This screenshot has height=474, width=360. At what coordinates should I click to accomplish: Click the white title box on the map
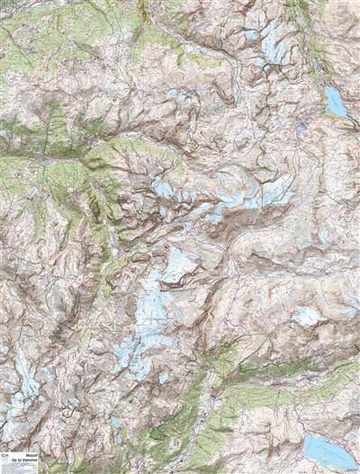[x=20, y=461]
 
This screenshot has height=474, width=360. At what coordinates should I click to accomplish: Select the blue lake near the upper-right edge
[x=335, y=102]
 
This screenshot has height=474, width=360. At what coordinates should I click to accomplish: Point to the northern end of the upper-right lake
[x=330, y=89]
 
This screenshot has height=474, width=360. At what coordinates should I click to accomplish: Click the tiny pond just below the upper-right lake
[x=301, y=128]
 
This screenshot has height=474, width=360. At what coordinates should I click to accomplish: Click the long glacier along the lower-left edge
[x=22, y=382]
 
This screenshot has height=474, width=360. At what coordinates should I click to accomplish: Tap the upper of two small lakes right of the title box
[x=114, y=421]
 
